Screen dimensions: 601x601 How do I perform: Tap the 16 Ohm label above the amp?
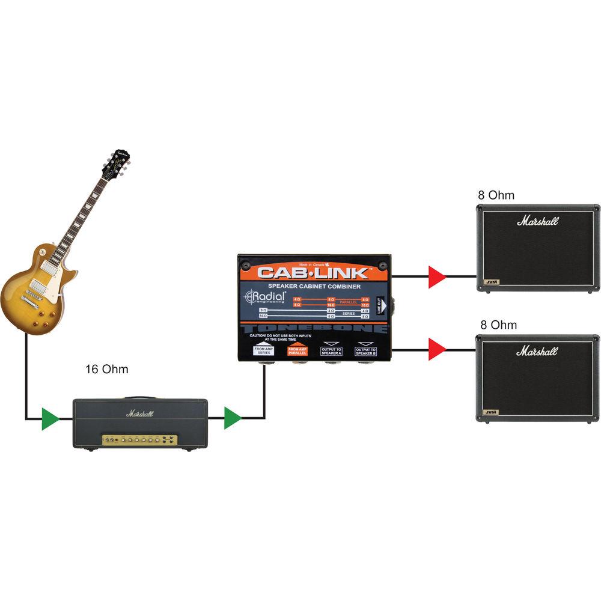click(107, 369)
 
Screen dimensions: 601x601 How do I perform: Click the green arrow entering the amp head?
click(50, 418)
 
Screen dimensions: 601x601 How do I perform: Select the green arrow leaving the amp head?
click(233, 418)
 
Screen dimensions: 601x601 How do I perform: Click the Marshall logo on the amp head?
click(139, 413)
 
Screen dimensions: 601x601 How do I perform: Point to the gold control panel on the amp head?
click(139, 441)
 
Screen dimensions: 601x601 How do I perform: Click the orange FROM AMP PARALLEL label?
click(297, 350)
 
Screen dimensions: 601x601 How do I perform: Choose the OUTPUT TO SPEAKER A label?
click(331, 350)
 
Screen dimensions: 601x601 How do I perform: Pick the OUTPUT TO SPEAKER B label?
click(365, 350)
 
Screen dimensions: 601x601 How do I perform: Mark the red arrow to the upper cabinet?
click(437, 278)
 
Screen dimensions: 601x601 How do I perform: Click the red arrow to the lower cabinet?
click(437, 349)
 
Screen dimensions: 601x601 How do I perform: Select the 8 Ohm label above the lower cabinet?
click(498, 325)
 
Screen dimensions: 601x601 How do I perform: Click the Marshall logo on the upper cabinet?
click(537, 221)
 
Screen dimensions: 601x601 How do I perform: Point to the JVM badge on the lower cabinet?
click(490, 412)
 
